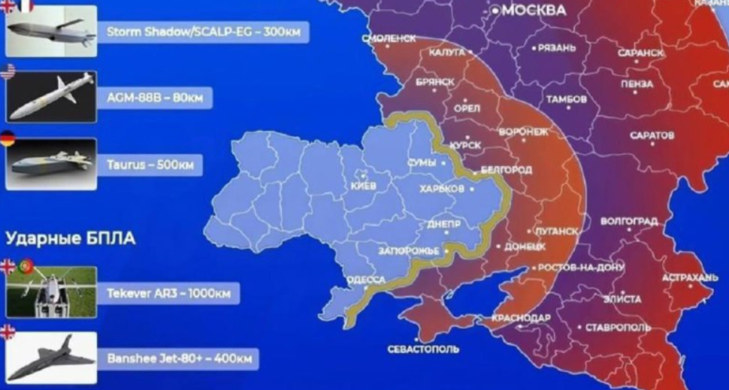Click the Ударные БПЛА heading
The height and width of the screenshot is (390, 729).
[71, 239]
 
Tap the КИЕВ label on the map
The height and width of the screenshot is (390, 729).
[363, 185]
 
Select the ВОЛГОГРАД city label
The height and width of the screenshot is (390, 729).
[629, 222]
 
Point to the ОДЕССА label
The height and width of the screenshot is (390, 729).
[366, 280]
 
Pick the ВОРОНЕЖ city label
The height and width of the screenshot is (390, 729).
[523, 131]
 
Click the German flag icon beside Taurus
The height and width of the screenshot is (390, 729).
[8, 138]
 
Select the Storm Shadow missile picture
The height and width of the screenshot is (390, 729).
[51, 32]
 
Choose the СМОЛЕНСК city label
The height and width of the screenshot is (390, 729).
[389, 38]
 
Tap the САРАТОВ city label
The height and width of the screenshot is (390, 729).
[650, 135]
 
